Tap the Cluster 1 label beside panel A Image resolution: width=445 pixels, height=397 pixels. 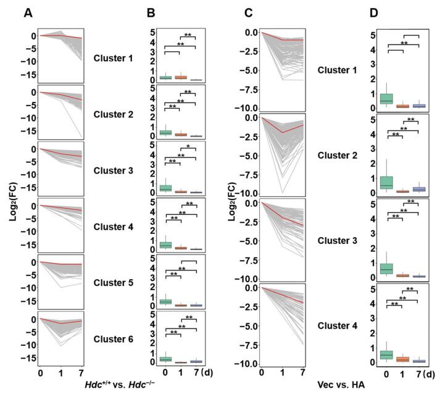coord(114,59)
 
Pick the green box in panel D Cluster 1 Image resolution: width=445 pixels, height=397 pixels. coord(387,99)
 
